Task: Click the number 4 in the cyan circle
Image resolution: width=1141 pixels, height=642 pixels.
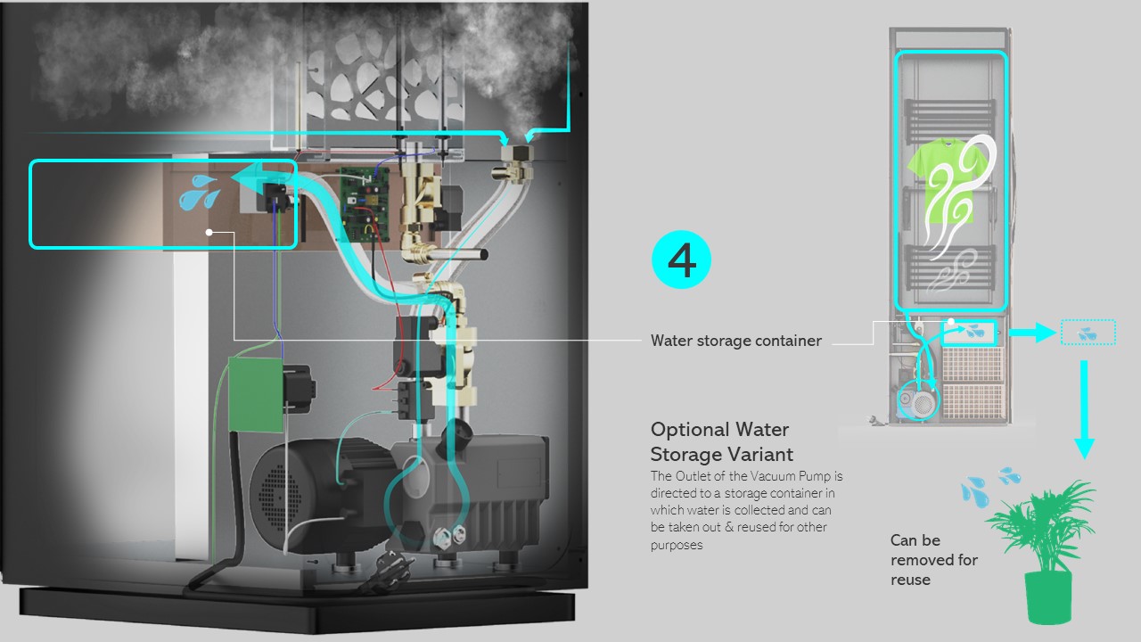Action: [682, 259]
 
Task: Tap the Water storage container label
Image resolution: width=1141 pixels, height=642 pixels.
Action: [735, 341]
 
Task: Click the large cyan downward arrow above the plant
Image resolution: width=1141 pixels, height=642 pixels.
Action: [1083, 410]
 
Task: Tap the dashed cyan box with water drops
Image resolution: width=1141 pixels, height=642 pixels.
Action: [1088, 333]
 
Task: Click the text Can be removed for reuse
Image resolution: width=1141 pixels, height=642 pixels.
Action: [933, 560]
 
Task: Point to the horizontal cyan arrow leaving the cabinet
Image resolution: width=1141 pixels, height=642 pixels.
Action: [1030, 333]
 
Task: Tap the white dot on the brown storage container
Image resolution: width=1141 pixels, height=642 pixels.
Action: [209, 232]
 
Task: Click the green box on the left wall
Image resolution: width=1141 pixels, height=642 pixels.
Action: [255, 393]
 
